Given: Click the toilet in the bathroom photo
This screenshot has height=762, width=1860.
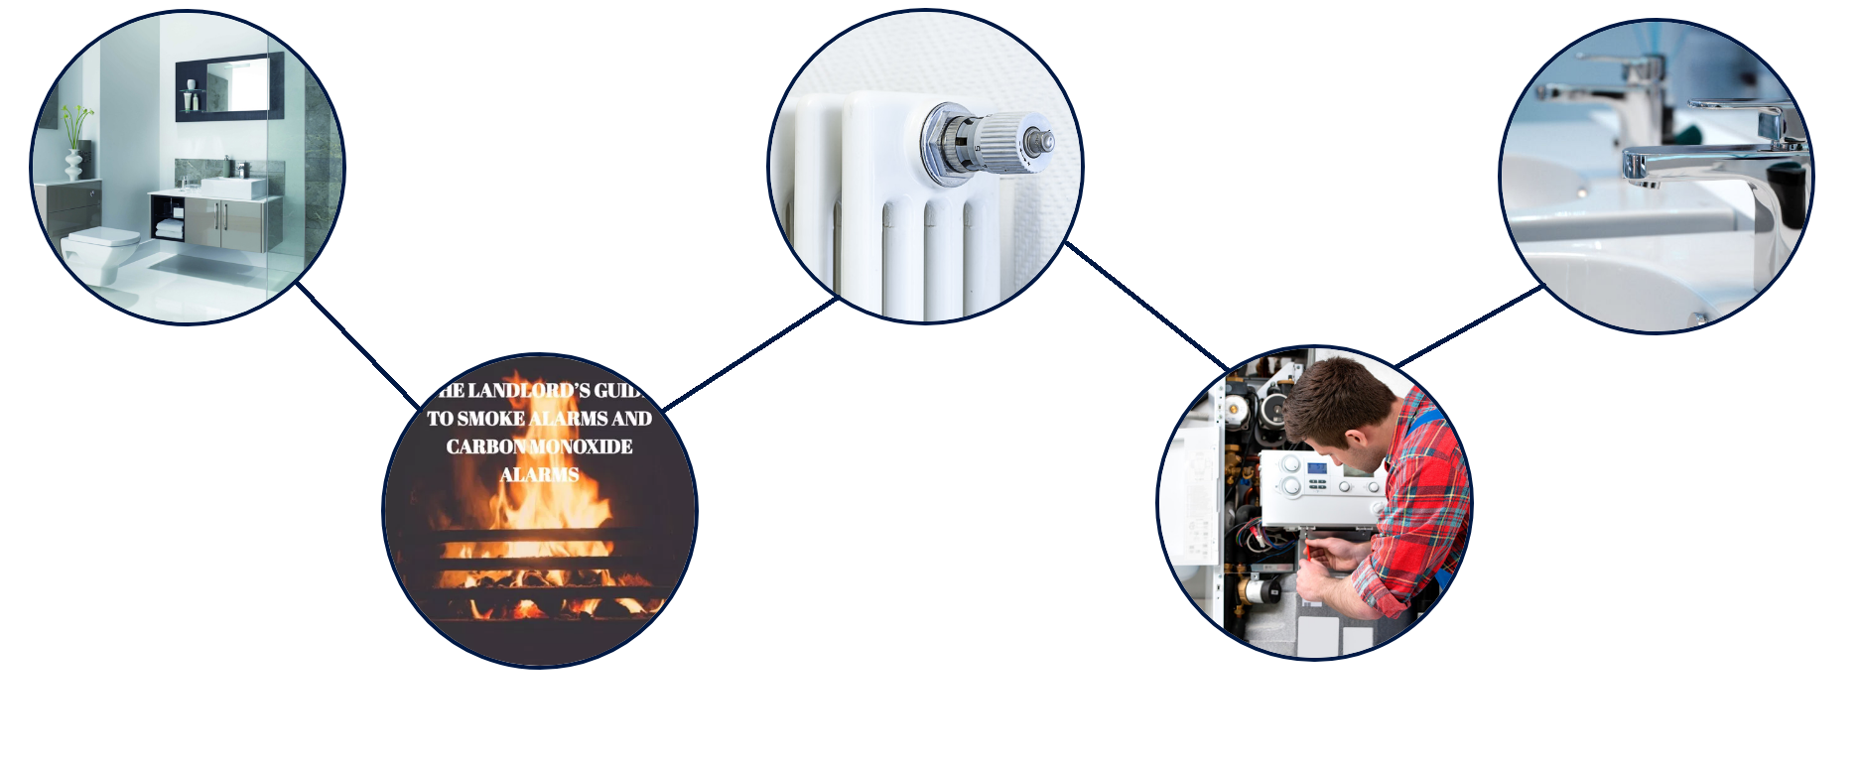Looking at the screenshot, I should point(99,248).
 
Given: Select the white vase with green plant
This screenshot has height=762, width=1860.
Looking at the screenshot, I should point(73,159).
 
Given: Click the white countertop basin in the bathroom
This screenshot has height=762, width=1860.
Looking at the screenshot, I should point(234,187).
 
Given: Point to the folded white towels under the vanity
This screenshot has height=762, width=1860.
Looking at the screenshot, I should point(170,229).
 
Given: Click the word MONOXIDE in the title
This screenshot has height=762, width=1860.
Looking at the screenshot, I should point(582,446).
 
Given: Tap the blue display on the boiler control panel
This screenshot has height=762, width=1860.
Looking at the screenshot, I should point(1316,469).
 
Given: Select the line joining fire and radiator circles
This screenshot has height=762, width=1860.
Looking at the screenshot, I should point(750,352).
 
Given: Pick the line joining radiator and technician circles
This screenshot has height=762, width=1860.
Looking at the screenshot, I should point(1146,305).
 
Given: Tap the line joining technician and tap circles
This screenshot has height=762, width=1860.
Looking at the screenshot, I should point(1469,326).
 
